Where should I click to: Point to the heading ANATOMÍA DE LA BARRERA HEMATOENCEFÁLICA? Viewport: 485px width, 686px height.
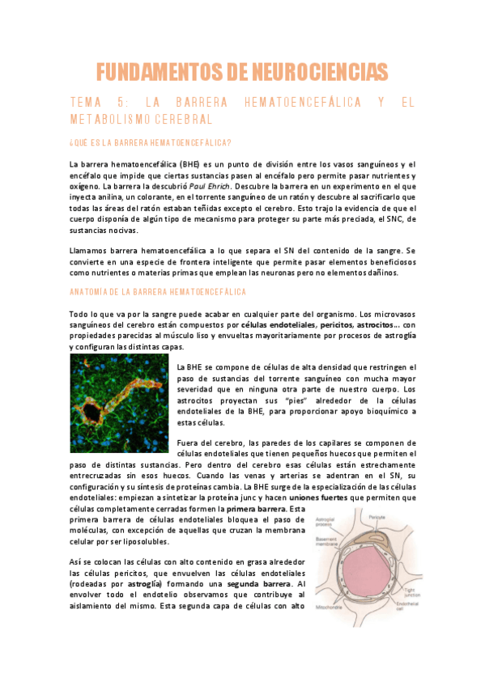click(158, 291)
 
